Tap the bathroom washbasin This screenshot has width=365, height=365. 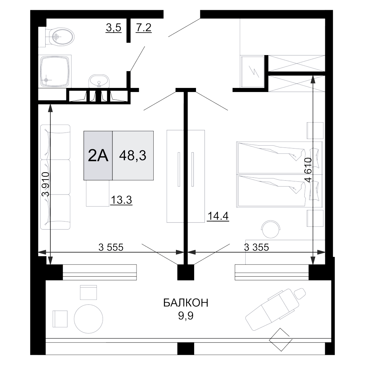[99, 81]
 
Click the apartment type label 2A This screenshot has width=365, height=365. [98, 155]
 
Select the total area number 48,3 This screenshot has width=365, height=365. [133, 155]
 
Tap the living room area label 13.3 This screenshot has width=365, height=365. [121, 200]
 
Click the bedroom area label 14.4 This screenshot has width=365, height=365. [218, 216]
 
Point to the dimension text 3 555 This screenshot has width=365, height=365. [111, 247]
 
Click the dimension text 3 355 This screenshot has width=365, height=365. [256, 247]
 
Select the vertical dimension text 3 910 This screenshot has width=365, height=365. [46, 184]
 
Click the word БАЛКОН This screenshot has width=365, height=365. [186, 303]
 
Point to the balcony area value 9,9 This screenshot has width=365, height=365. [186, 316]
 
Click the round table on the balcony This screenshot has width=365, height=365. [88, 319]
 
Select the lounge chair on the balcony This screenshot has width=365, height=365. [276, 309]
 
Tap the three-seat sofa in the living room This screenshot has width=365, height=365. [55, 177]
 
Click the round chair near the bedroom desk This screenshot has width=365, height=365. [271, 229]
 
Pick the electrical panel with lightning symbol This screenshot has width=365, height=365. [252, 72]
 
